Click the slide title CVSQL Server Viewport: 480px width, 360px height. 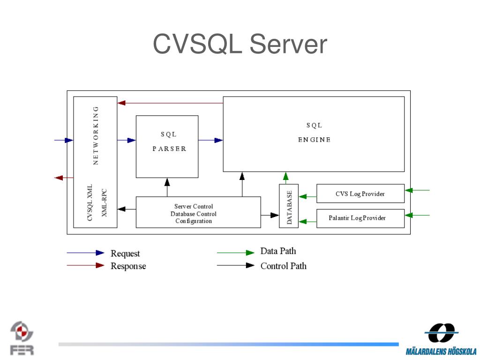click(x=240, y=44)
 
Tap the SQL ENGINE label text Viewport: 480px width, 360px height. click(x=315, y=132)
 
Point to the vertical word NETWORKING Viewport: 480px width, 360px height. click(x=96, y=135)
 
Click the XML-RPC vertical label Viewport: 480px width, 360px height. click(x=104, y=203)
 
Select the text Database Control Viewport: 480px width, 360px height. click(x=194, y=214)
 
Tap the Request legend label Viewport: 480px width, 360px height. click(x=125, y=254)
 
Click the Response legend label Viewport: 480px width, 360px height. click(x=128, y=266)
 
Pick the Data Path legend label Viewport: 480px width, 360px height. click(x=278, y=251)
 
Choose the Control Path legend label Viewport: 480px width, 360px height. click(x=284, y=266)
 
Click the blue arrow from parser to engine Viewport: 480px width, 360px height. click(x=210, y=140)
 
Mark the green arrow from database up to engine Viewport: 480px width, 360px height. click(x=285, y=178)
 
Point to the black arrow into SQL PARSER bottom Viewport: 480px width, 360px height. click(x=167, y=187)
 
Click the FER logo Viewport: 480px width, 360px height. click(x=22, y=338)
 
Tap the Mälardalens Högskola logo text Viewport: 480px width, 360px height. click(x=441, y=352)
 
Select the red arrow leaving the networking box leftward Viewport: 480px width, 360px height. click(x=64, y=178)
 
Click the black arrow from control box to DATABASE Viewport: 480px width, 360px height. click(x=270, y=215)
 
